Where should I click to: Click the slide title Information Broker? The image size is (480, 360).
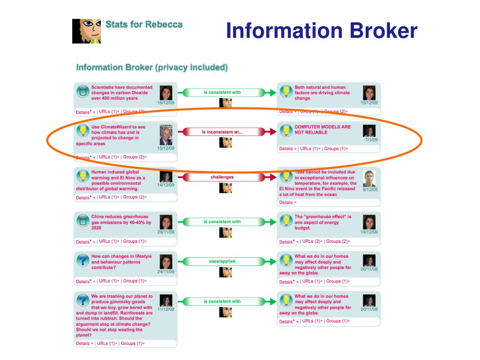[321, 31]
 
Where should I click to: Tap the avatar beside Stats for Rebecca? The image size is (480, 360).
[86, 31]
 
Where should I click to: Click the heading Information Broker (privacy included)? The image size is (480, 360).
[152, 67]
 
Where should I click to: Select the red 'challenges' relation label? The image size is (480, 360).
[222, 177]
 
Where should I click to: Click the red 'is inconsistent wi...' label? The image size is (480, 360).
[222, 132]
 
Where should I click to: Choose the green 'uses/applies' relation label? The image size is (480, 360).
[222, 261]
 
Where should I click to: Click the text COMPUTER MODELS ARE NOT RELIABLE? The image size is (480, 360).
[322, 130]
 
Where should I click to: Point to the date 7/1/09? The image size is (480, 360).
[371, 140]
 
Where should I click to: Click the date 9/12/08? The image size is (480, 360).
[370, 189]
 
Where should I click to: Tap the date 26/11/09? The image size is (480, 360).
[165, 232]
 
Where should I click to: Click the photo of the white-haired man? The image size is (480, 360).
[166, 135]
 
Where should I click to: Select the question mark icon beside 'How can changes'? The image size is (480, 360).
[83, 260]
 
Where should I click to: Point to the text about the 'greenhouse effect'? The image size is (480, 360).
[322, 222]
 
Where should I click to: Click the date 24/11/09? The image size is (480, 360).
[165, 271]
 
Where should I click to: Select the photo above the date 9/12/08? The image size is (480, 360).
[369, 179]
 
